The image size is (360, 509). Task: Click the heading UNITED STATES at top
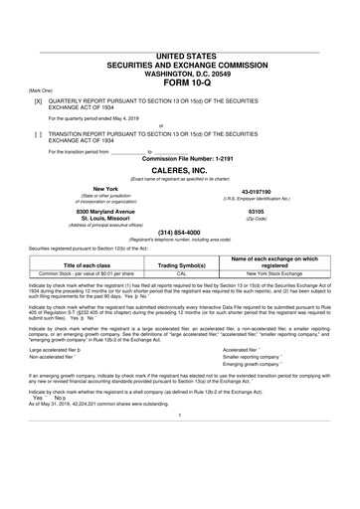click(179, 59)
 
